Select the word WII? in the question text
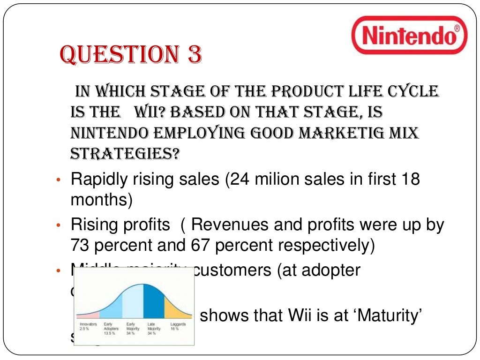pos(150,112)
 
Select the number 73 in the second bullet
pos(80,246)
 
